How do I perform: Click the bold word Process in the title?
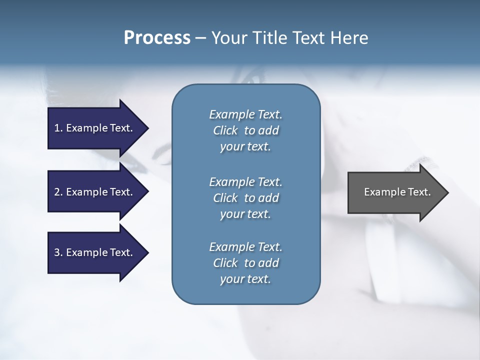157,38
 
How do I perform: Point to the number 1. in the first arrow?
58,128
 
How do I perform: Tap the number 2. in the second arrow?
58,192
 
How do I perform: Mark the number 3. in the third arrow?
58,252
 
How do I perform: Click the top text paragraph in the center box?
245,130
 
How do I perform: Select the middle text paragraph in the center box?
245,198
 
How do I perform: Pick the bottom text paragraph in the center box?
245,263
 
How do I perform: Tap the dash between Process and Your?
200,38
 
